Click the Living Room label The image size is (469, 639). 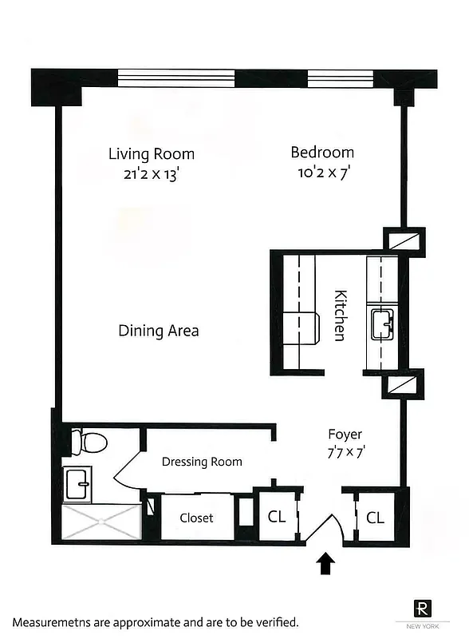pos(152,153)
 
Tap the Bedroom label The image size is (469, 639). pos(322,152)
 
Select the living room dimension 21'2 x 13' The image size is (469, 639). pos(152,174)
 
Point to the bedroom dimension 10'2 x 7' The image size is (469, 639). pos(322,173)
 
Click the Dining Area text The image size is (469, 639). pos(159,331)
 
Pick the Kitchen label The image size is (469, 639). pos(341,315)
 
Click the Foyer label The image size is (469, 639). pos(345,435)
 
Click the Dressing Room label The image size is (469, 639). pos(202,462)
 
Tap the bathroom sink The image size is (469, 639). pos(80,482)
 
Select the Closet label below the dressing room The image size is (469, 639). pos(196,518)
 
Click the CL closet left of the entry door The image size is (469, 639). pos(276,517)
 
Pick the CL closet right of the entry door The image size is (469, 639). pos(376,518)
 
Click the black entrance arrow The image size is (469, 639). pos(326,565)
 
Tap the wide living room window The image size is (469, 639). pos(176,78)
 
